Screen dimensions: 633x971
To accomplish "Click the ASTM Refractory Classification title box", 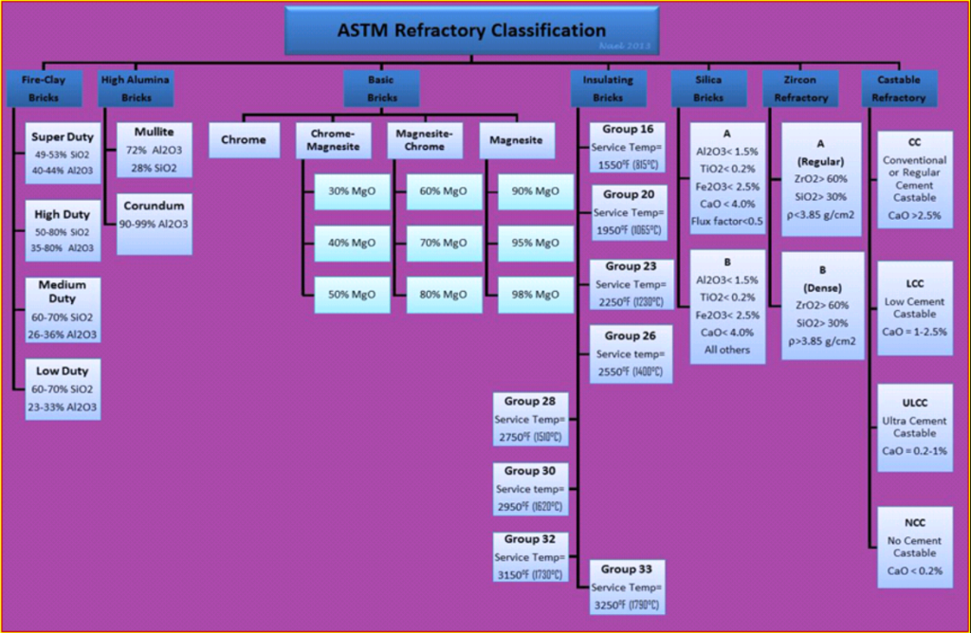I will [471, 30].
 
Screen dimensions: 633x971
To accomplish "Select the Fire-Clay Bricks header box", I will [43, 89].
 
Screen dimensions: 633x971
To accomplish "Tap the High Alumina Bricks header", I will [136, 89].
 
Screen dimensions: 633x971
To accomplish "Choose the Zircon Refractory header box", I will [801, 89].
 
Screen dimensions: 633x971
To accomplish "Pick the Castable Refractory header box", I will [900, 89].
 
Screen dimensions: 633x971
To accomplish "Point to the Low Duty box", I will [62, 389].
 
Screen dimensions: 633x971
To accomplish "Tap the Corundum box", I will [155, 224].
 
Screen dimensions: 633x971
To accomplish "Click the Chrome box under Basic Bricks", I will [244, 140].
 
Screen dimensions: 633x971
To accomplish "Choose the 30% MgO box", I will [352, 191].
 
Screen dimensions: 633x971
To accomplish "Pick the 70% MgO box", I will [443, 243].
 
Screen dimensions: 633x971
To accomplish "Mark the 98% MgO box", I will [535, 294].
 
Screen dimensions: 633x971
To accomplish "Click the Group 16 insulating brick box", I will [627, 148].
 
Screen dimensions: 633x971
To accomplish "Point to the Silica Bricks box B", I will [727, 305].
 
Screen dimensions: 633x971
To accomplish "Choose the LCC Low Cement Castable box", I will [914, 309].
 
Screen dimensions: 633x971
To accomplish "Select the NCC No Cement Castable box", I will [914, 547].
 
